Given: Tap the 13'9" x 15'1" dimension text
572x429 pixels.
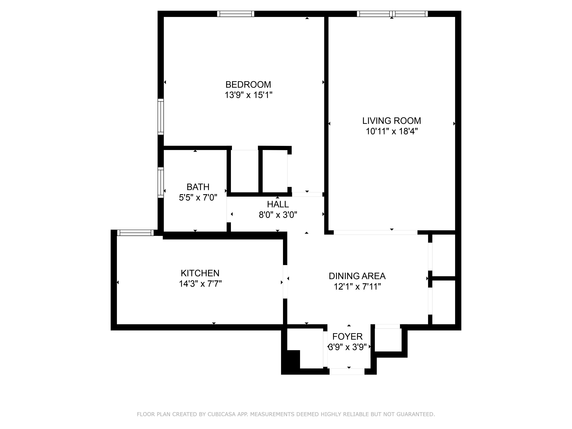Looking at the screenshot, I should coord(248,95).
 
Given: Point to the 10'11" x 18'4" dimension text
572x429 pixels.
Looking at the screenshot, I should coord(392,131).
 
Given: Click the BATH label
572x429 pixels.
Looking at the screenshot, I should coord(198,187).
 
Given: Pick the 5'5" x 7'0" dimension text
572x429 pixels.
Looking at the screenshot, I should coord(198,198).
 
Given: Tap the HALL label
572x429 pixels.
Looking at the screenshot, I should coord(278,204).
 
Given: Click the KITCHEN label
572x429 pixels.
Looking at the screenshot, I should coord(200,273).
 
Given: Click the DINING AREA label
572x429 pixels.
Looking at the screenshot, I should coord(357,276).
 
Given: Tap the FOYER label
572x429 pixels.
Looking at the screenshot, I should coord(347,336).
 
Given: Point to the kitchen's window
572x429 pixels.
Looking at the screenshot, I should coord(135,233).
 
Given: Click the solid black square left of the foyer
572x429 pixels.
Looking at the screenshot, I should coord(292,360).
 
